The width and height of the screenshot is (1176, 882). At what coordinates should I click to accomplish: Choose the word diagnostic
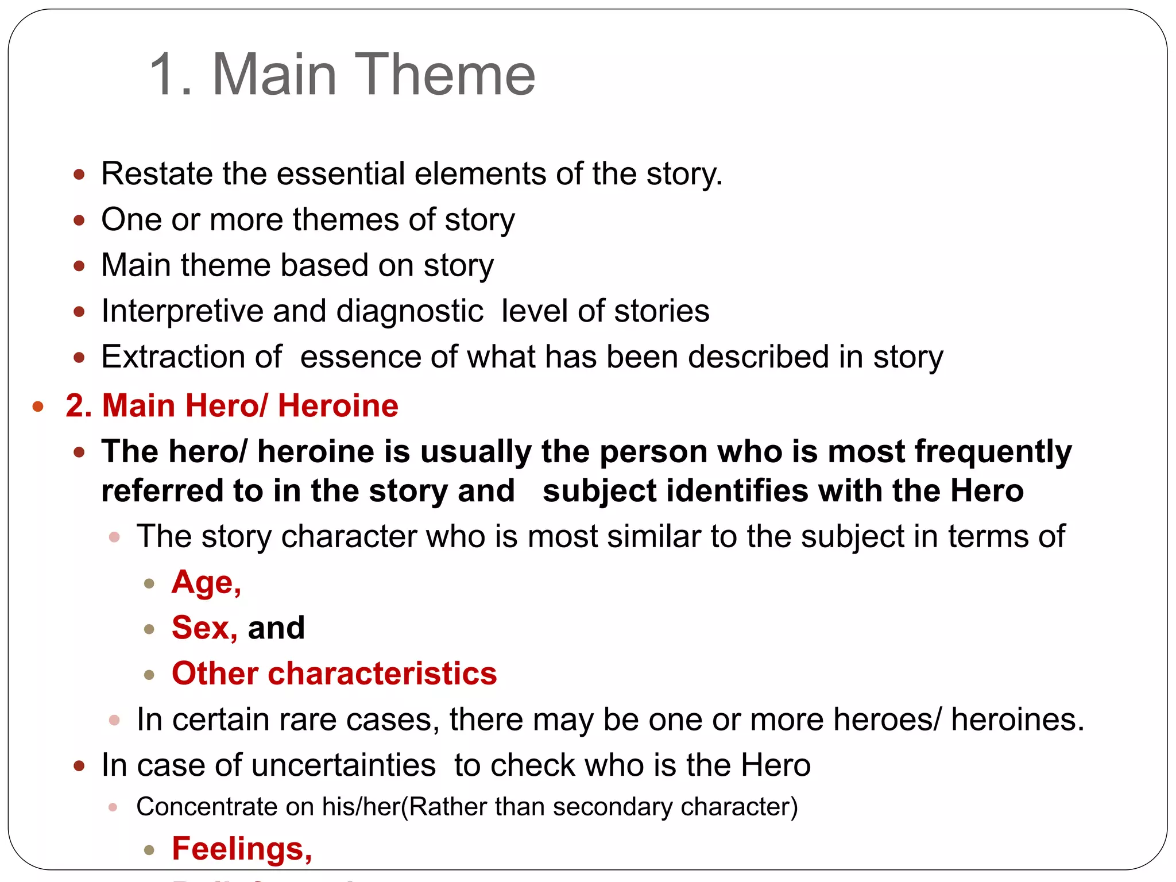pyautogui.click(x=409, y=311)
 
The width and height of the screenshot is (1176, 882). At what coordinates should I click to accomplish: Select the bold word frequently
pyautogui.click(x=993, y=452)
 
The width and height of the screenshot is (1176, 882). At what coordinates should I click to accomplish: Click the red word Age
pyautogui.click(x=206, y=583)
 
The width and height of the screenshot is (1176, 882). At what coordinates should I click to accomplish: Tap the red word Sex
pyautogui.click(x=204, y=628)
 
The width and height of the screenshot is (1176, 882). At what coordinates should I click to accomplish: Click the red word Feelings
pyautogui.click(x=241, y=849)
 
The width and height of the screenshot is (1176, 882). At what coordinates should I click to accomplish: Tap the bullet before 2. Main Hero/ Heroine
pyautogui.click(x=38, y=407)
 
